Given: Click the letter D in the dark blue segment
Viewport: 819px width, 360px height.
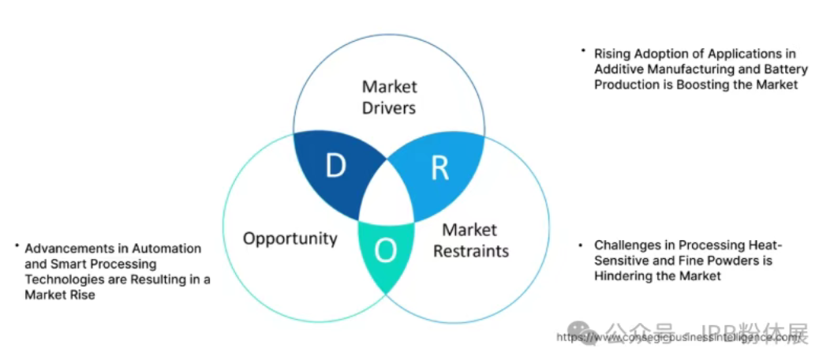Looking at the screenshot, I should (335, 167).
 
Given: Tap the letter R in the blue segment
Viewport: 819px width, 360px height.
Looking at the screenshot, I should (439, 168).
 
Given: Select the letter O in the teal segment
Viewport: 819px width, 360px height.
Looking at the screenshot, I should (385, 250).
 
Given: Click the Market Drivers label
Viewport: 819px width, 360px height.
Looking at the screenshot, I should (389, 97).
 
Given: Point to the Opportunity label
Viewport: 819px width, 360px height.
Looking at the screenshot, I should (290, 238).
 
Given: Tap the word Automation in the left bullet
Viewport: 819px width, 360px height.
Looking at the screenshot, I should (170, 248).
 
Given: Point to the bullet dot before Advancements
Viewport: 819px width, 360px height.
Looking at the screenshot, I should (16, 246).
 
